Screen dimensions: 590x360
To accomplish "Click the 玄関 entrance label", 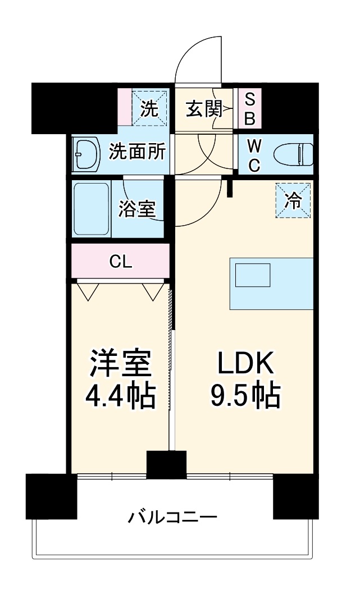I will (203, 109).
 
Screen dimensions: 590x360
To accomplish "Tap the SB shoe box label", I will (250, 109).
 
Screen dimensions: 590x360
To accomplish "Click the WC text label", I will (254, 155).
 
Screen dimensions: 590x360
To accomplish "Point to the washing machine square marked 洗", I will (149, 108).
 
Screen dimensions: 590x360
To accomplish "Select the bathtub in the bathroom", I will (91, 209).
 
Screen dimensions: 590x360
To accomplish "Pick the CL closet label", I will (121, 262).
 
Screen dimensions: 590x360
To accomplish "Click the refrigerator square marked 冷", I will (293, 200).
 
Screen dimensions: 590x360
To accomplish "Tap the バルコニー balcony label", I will (171, 516).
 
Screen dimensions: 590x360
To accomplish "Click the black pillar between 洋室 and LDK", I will (166, 464).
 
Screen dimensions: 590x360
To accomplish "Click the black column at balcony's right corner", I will (295, 496).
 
